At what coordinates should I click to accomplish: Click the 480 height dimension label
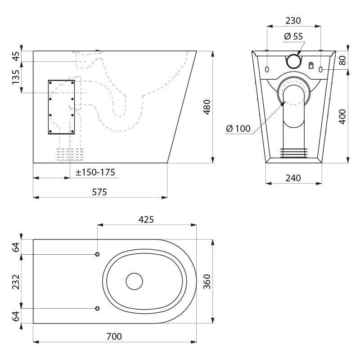[x=207, y=107]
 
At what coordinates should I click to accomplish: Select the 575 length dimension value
[x=99, y=192]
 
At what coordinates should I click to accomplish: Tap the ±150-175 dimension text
[x=95, y=172]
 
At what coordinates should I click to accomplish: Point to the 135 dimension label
[x=16, y=77]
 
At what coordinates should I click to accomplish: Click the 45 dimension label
[x=16, y=56]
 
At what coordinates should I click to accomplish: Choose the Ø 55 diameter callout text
[x=293, y=36]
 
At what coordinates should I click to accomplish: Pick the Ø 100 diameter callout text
[x=238, y=129]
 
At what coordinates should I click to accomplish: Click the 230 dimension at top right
[x=293, y=21]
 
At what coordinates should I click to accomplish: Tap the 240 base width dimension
[x=293, y=178]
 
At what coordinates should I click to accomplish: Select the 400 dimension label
[x=342, y=117]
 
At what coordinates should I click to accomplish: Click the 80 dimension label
[x=342, y=60]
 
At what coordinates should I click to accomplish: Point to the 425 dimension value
[x=146, y=220]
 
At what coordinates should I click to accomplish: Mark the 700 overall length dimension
[x=114, y=337]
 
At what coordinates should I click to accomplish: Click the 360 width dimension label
[x=207, y=282]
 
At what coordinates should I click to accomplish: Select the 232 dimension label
[x=16, y=282]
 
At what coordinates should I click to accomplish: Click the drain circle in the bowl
[x=134, y=281]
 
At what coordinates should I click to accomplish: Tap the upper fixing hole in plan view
[x=97, y=254]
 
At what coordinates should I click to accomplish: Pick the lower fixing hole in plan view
[x=97, y=308]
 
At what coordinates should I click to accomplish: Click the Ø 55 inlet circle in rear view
[x=294, y=61]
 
